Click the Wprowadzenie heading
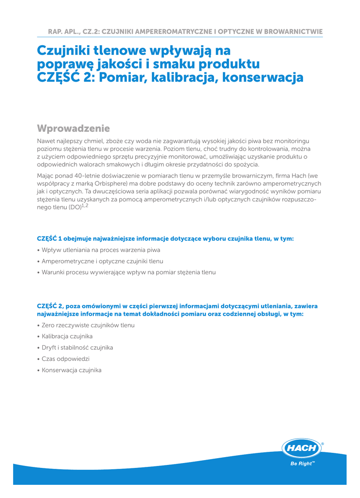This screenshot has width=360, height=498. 73,128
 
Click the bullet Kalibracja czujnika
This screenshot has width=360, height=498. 67,337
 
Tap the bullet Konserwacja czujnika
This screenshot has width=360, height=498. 71,370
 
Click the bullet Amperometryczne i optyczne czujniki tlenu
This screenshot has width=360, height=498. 102,261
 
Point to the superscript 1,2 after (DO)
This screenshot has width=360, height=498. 85,205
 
